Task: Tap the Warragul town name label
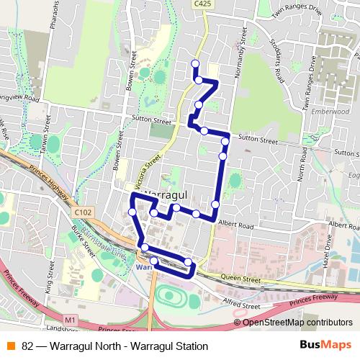167,194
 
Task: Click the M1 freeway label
70,319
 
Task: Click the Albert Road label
238,226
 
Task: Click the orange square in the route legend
10,346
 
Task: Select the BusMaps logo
325,345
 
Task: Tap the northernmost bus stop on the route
194,64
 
